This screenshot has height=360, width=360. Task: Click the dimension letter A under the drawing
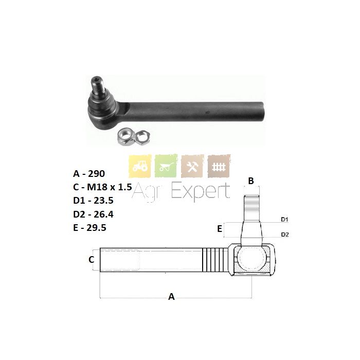[171, 297]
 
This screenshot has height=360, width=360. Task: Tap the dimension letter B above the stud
[251, 181]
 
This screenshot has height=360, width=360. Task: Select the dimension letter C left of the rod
[92, 259]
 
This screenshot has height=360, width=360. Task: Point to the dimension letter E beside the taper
[220, 229]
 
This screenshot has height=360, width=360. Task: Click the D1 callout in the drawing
[285, 220]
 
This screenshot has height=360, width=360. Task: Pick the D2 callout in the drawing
[285, 235]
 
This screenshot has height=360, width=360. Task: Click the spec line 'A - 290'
[89, 174]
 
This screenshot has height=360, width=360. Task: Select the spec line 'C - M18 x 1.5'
[102, 187]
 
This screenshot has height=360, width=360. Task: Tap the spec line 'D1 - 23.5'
[93, 201]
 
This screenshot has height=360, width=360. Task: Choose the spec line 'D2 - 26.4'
[93, 214]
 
